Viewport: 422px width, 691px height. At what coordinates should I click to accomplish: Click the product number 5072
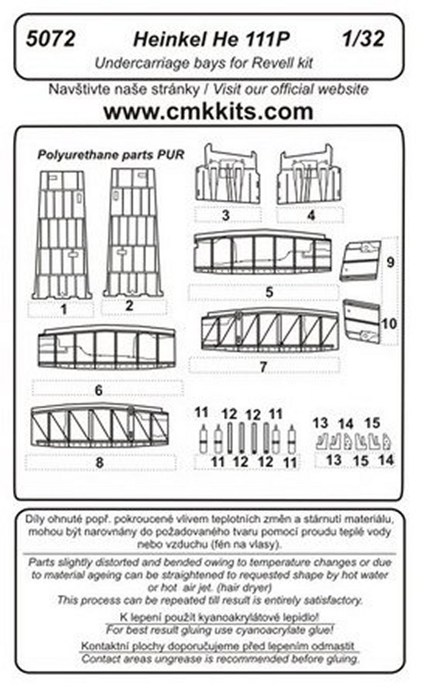click(51, 40)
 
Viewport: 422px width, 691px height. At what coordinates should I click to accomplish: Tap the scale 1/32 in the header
click(363, 40)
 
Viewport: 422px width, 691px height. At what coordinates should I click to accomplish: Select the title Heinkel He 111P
click(211, 40)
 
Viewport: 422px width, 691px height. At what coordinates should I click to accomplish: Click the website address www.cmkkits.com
click(208, 111)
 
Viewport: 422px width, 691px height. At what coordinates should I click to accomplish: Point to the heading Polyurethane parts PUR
click(111, 155)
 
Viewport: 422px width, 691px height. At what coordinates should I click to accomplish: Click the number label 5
click(269, 292)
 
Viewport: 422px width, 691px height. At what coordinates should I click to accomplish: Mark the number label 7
click(264, 367)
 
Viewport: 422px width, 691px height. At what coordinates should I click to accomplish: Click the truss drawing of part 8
click(99, 426)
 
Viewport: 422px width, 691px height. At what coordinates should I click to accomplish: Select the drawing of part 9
click(360, 261)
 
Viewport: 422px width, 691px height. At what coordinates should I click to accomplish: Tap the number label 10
click(388, 324)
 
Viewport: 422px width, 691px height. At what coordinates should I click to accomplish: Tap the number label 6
click(99, 390)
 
